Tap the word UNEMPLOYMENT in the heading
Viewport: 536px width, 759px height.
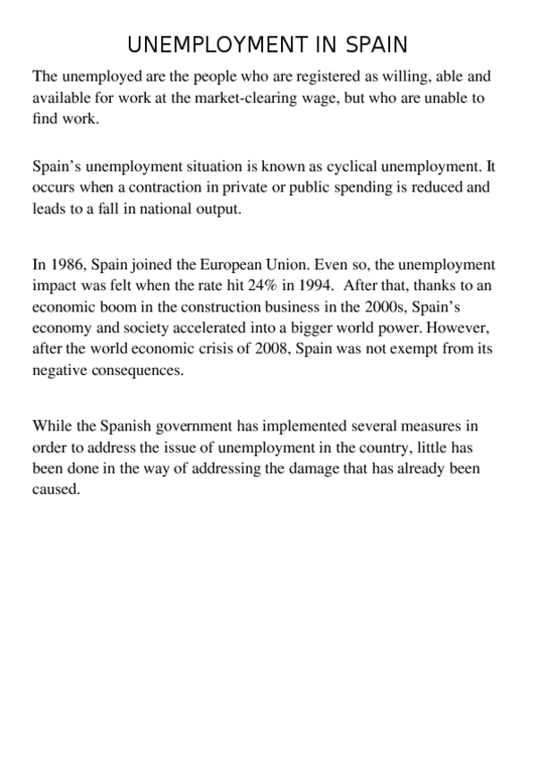(x=217, y=45)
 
